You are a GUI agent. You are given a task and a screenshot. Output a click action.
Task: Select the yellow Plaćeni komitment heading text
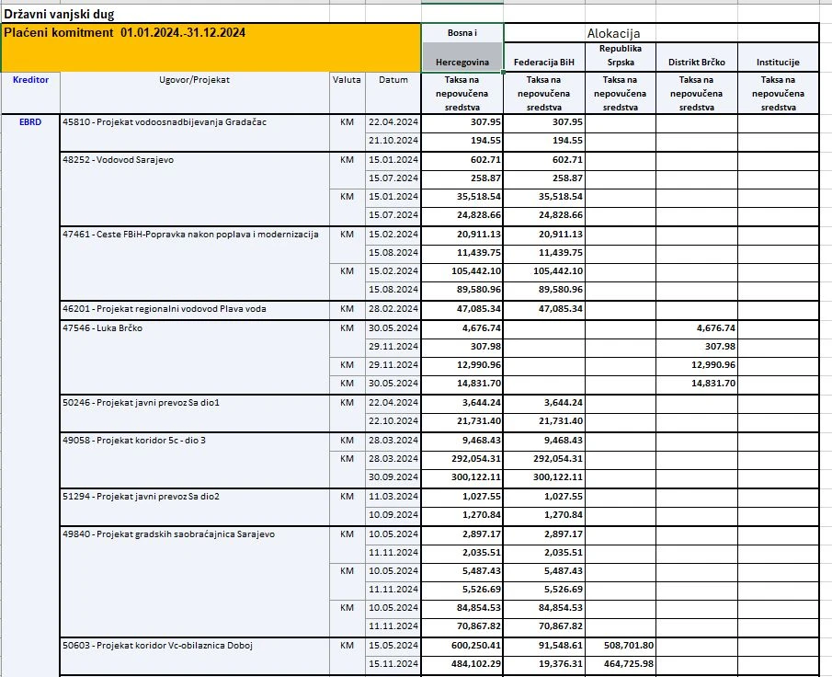(124, 33)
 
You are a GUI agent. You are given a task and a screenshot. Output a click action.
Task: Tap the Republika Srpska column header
(620, 54)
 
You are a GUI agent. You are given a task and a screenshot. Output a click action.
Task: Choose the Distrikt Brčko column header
(696, 63)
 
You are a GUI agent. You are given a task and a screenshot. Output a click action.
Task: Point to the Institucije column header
(777, 63)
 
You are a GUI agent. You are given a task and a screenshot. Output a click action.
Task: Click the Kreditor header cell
(30, 80)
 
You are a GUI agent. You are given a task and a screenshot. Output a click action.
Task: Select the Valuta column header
(347, 80)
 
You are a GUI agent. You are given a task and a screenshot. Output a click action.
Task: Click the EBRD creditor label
(30, 121)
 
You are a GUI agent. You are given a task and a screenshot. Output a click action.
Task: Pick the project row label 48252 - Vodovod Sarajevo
(118, 159)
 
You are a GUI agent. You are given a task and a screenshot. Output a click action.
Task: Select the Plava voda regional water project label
(164, 309)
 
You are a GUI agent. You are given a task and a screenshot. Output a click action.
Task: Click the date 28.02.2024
(393, 309)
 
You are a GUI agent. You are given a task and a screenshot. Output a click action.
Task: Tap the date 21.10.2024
(393, 140)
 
